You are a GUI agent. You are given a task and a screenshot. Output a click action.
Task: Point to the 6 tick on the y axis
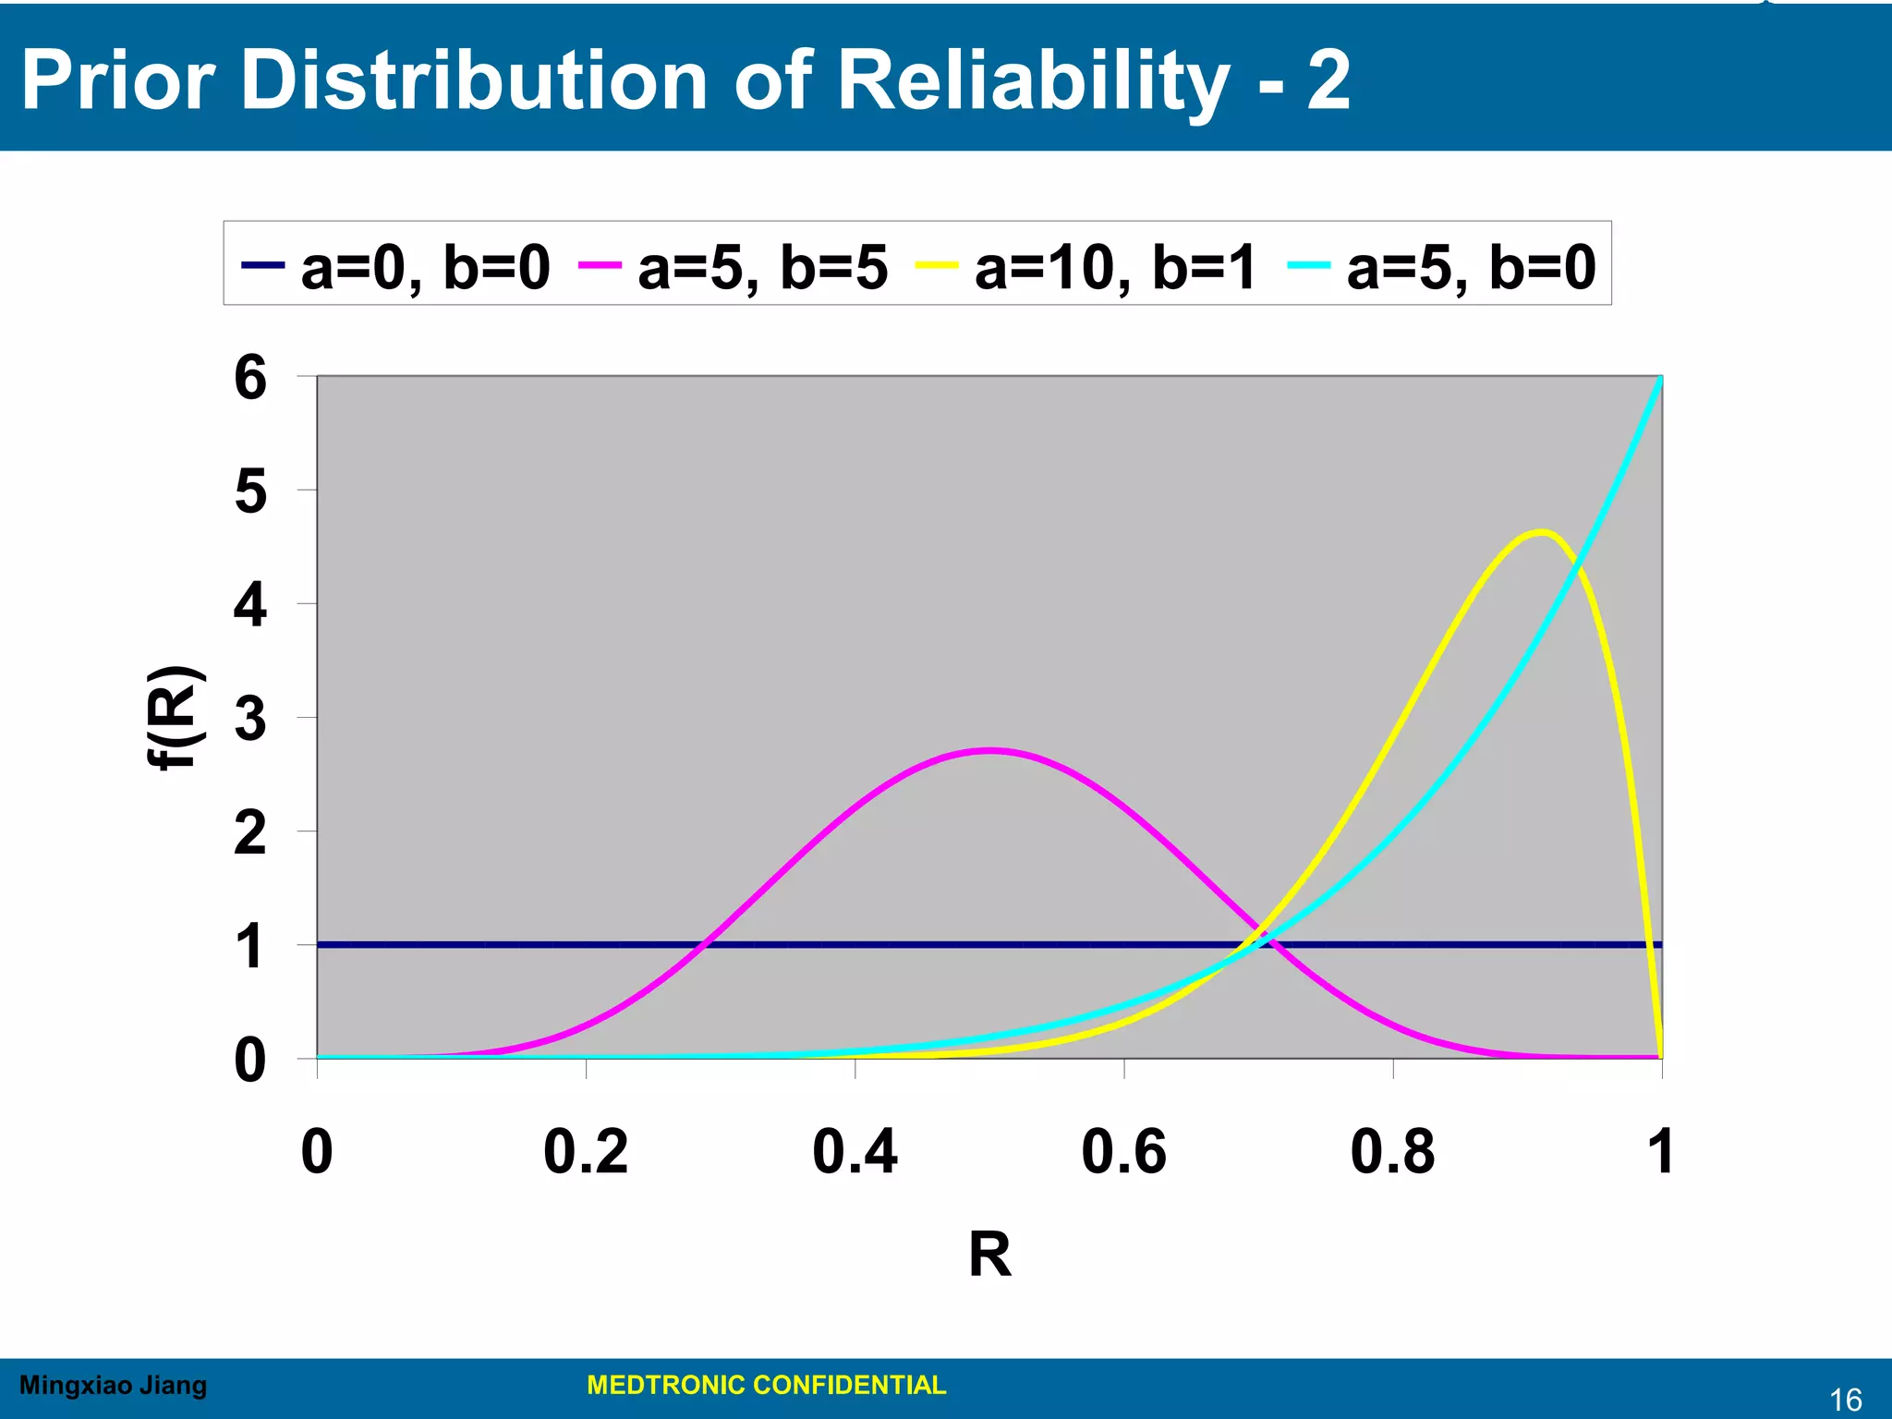pyautogui.click(x=250, y=377)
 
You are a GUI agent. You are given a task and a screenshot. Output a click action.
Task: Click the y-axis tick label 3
pyautogui.click(x=250, y=719)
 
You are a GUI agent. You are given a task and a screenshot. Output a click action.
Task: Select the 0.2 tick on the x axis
pyautogui.click(x=586, y=1152)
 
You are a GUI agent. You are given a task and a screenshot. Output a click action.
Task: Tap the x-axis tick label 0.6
pyautogui.click(x=1123, y=1152)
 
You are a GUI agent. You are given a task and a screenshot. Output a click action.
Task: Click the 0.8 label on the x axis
pyautogui.click(x=1392, y=1152)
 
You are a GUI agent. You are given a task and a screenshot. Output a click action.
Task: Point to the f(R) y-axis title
pyautogui.click(x=176, y=717)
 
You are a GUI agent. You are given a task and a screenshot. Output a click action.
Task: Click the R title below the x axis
pyautogui.click(x=989, y=1255)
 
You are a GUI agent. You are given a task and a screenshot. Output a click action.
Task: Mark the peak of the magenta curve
pyautogui.click(x=989, y=750)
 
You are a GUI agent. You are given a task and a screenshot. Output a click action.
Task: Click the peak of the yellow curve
pyautogui.click(x=1541, y=531)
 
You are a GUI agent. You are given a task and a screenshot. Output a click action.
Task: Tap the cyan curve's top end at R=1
pyautogui.click(x=1661, y=378)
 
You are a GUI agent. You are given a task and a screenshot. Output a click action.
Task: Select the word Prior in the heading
pyautogui.click(x=118, y=80)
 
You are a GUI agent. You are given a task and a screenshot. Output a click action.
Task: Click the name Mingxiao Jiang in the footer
pyautogui.click(x=113, y=1385)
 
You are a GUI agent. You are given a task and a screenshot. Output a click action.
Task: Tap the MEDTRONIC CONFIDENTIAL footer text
pyautogui.click(x=766, y=1385)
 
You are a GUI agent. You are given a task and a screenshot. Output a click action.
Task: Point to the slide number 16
pyautogui.click(x=1846, y=1400)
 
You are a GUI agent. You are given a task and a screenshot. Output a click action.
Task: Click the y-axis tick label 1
pyautogui.click(x=250, y=947)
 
